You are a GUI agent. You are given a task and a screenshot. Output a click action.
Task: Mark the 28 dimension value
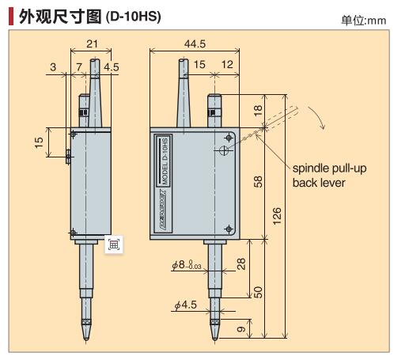pos(242,264)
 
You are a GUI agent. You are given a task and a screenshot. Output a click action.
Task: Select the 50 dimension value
pos(257,291)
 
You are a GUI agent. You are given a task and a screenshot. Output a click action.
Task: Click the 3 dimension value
pos(52,67)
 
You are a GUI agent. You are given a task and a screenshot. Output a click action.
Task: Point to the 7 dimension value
pos(80,67)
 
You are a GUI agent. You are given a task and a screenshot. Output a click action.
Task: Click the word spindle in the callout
pos(313,168)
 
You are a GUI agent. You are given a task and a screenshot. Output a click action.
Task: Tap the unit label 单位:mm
pos(363,20)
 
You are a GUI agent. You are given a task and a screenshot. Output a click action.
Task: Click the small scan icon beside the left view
pos(114,244)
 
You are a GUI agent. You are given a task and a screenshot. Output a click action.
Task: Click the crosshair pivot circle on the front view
pos(226,150)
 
